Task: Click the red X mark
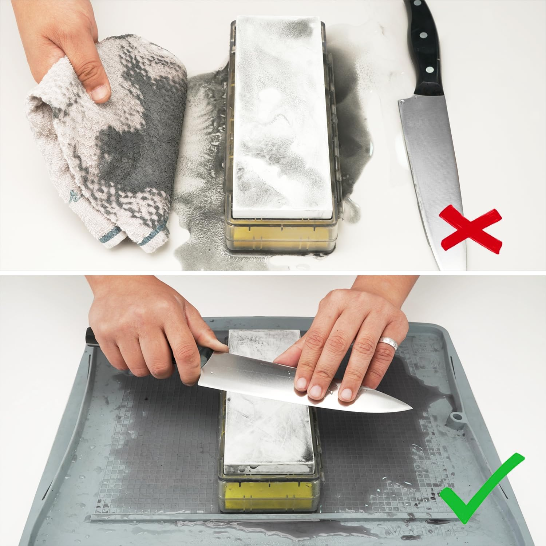tap(470, 228)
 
